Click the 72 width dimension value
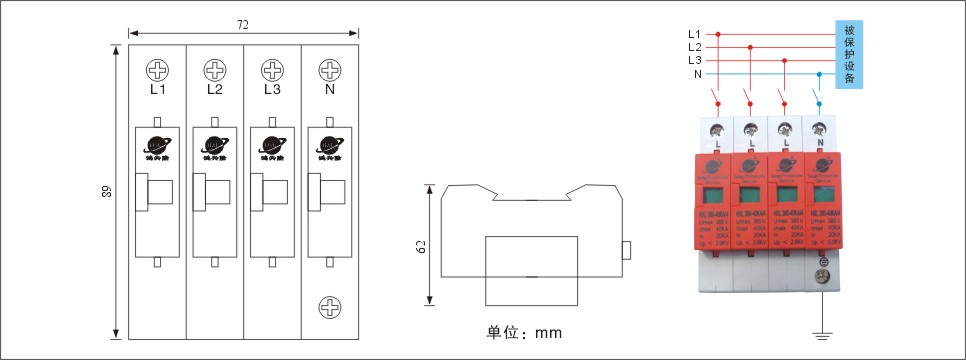(243, 23)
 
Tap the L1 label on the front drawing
(157, 89)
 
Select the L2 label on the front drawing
(215, 89)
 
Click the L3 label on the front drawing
(272, 89)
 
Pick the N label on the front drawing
(329, 89)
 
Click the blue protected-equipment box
(849, 54)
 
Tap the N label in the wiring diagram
(697, 73)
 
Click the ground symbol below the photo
(822, 335)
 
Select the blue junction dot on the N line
(820, 74)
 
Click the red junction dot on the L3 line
(785, 60)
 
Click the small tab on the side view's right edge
(626, 249)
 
